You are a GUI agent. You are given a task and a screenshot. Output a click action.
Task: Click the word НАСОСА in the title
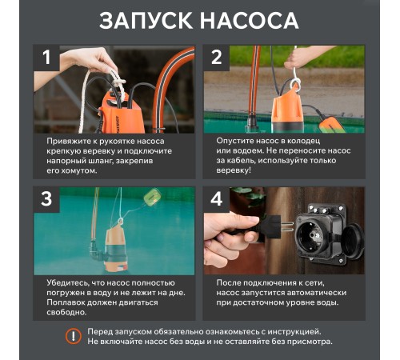point(252,21)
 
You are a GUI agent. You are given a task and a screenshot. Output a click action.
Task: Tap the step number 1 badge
point(46,57)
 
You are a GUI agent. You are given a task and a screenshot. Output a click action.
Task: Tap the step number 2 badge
point(216,57)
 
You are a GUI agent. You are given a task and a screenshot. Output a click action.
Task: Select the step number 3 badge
point(46,198)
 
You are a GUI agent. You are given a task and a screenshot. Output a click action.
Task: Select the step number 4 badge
point(216,198)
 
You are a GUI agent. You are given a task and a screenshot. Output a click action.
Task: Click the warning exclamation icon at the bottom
point(74,336)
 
